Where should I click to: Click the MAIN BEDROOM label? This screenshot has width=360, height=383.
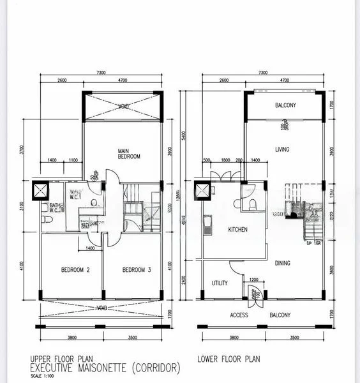tap(128, 153)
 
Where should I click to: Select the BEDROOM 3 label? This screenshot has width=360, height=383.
tap(137, 270)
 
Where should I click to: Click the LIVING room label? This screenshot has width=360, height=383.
tap(282, 150)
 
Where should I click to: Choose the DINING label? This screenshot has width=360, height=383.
tap(282, 262)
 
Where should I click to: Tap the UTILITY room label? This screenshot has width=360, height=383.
tap(220, 283)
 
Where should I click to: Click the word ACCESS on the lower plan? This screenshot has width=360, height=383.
tap(239, 315)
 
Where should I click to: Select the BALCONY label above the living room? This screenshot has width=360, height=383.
tap(285, 105)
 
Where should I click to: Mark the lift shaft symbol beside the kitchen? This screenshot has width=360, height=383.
tap(203, 190)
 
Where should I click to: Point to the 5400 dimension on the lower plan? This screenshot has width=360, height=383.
tap(184, 136)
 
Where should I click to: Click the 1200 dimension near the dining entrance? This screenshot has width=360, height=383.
tap(253, 280)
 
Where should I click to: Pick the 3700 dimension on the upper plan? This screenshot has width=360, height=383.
tap(22, 151)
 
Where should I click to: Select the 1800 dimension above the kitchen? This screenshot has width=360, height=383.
tap(225, 161)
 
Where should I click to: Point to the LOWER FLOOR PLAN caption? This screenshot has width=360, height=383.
tap(229, 359)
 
